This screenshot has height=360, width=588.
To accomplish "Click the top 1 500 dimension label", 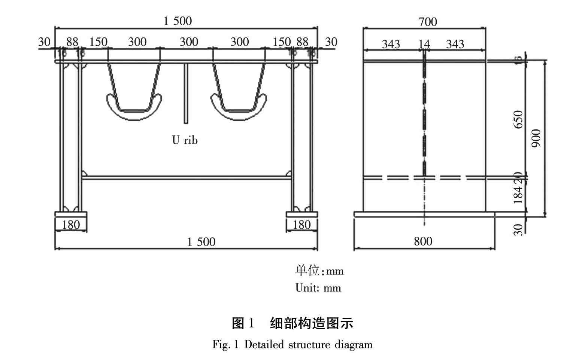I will point(178,21).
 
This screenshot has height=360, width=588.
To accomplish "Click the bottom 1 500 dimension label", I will point(201,242).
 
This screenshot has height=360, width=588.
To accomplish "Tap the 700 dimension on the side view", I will point(428,22).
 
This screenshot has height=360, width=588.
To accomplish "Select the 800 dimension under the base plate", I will point(423,241).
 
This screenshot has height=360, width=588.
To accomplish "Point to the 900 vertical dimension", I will point(537,138).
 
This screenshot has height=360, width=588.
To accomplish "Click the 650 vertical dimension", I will point(519,119).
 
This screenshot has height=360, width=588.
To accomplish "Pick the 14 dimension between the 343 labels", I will point(424,45).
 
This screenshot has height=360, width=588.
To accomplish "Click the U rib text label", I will point(185,140).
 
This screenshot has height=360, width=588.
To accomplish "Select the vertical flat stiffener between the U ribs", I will point(185,94).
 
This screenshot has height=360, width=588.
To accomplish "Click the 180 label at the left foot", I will point(71,225).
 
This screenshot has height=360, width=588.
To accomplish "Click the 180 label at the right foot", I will point(301,225).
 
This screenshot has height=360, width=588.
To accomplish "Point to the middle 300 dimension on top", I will point(189,42).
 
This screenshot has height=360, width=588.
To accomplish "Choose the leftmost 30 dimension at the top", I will point(44,42).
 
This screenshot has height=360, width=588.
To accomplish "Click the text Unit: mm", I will point(318,288).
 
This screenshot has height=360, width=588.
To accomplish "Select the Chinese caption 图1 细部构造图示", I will point(293,323).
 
